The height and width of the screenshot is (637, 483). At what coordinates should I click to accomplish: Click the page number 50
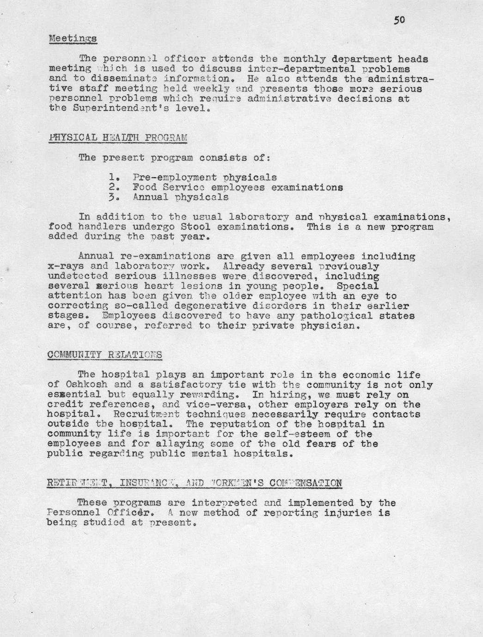[399, 19]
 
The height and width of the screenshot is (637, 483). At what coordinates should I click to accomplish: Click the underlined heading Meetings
[73, 38]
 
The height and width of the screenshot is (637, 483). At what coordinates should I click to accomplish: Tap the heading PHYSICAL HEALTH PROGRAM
[118, 138]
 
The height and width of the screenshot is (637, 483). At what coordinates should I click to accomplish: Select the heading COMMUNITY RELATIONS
[105, 355]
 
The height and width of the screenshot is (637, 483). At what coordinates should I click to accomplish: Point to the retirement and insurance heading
[194, 483]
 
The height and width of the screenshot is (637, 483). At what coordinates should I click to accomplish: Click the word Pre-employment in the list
[174, 177]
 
